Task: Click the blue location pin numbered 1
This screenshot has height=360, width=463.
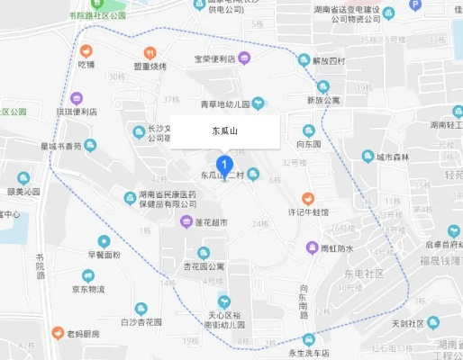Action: pos(226,165)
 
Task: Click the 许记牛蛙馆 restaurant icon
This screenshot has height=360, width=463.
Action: pos(307,197)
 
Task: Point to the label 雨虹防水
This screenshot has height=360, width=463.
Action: pos(338,247)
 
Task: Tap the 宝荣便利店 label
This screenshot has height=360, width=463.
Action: pos(214,58)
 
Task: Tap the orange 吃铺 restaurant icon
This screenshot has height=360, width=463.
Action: pos(86,51)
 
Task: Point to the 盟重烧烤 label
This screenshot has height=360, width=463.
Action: pos(150,66)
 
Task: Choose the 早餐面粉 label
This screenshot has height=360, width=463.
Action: pos(104,255)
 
